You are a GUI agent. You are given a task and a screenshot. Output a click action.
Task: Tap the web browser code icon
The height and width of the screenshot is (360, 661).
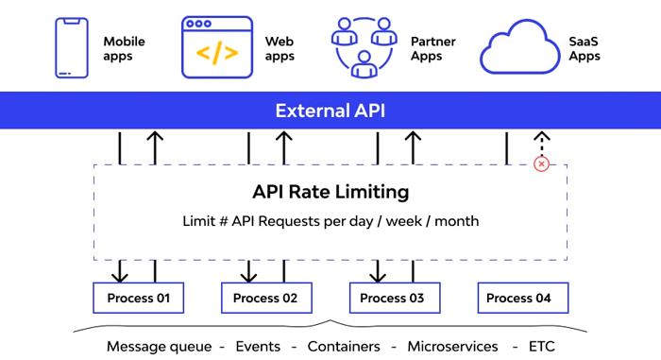pos(217,47)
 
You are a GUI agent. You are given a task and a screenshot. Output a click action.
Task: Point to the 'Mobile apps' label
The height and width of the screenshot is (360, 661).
pos(124,49)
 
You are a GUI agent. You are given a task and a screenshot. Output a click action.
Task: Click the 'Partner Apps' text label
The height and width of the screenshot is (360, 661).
pos(432,49)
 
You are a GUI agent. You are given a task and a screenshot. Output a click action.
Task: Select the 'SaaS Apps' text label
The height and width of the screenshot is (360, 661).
pos(585,49)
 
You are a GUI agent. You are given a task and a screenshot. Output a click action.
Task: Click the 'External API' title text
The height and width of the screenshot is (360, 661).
pos(330,111)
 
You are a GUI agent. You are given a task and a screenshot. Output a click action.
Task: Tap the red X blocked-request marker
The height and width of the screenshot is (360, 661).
pos(541,164)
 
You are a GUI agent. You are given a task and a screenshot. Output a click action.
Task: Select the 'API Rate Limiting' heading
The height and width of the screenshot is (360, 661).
pos(330,192)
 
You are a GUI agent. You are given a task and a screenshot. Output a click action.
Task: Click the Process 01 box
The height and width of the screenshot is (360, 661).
pos(138,298)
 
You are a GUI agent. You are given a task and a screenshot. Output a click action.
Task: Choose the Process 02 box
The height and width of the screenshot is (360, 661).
pos(266,298)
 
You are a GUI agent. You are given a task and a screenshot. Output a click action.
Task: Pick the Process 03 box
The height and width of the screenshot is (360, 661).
pos(395,298)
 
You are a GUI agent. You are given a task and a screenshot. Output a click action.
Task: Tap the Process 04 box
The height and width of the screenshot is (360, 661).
pos(522,298)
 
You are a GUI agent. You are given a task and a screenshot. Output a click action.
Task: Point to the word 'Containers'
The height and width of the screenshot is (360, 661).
pos(344,347)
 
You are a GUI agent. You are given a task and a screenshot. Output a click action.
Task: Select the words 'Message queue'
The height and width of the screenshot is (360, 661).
pos(160,347)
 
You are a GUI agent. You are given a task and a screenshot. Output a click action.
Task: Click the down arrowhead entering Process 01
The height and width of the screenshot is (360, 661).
pos(120,276)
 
